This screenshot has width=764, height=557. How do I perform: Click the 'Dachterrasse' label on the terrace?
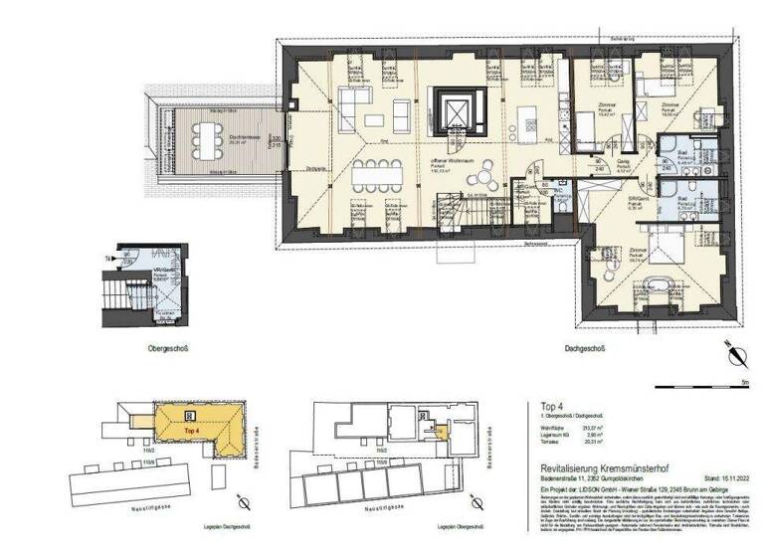[210, 109]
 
